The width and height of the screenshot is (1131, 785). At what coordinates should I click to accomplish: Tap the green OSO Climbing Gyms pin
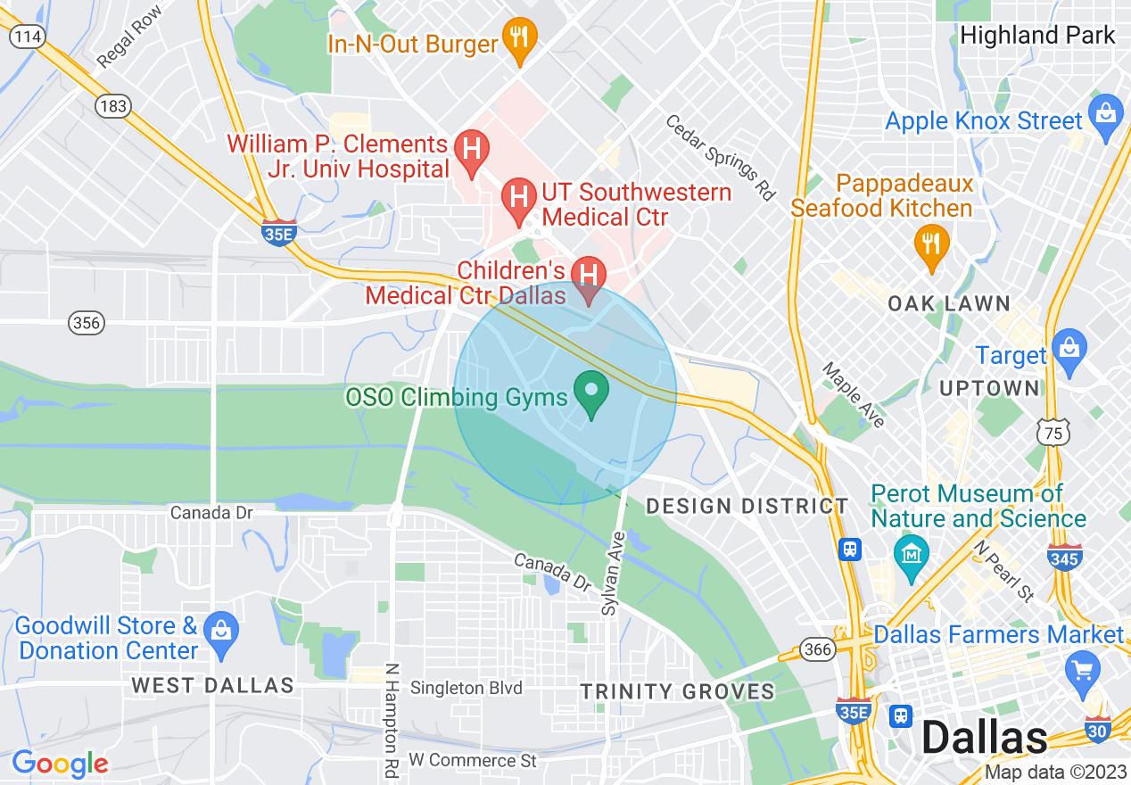[x=590, y=394]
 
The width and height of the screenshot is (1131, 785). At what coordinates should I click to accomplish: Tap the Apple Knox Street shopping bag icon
[x=1106, y=116]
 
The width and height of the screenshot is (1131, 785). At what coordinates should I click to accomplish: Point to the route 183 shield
[x=113, y=106]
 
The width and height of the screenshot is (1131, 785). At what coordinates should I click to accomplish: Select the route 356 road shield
[x=87, y=323]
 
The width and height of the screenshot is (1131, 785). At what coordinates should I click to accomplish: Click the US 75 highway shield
[x=1053, y=433]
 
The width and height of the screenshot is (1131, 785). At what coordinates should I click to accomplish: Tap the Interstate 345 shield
[x=1065, y=558]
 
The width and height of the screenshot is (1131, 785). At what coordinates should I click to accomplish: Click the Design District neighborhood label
[x=747, y=507]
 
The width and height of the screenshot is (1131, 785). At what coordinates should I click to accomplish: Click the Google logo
[x=60, y=764]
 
